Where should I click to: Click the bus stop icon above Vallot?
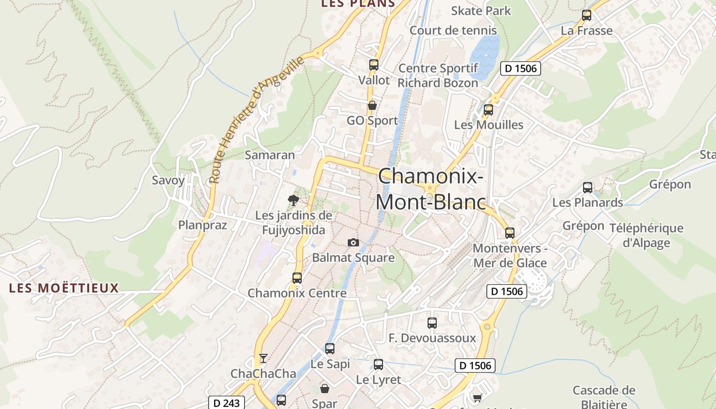click(374, 65)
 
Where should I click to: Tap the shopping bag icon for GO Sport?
click(372, 105)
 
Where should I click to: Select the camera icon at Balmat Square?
click(353, 242)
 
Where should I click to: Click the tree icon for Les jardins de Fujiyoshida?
click(293, 200)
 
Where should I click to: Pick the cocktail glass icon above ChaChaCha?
click(263, 358)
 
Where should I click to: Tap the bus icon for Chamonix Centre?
click(297, 278)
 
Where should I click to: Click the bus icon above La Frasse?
click(587, 15)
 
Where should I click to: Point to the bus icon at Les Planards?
click(588, 188)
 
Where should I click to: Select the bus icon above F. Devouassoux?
click(432, 323)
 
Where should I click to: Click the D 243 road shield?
click(227, 403)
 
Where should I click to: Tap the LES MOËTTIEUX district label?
click(64, 288)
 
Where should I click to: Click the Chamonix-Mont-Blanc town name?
click(431, 189)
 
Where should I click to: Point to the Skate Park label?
click(481, 11)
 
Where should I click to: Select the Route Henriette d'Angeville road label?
click(257, 120)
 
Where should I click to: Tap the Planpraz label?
click(203, 225)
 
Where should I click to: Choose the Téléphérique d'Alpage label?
click(646, 235)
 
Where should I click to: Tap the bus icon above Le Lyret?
click(378, 365)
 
